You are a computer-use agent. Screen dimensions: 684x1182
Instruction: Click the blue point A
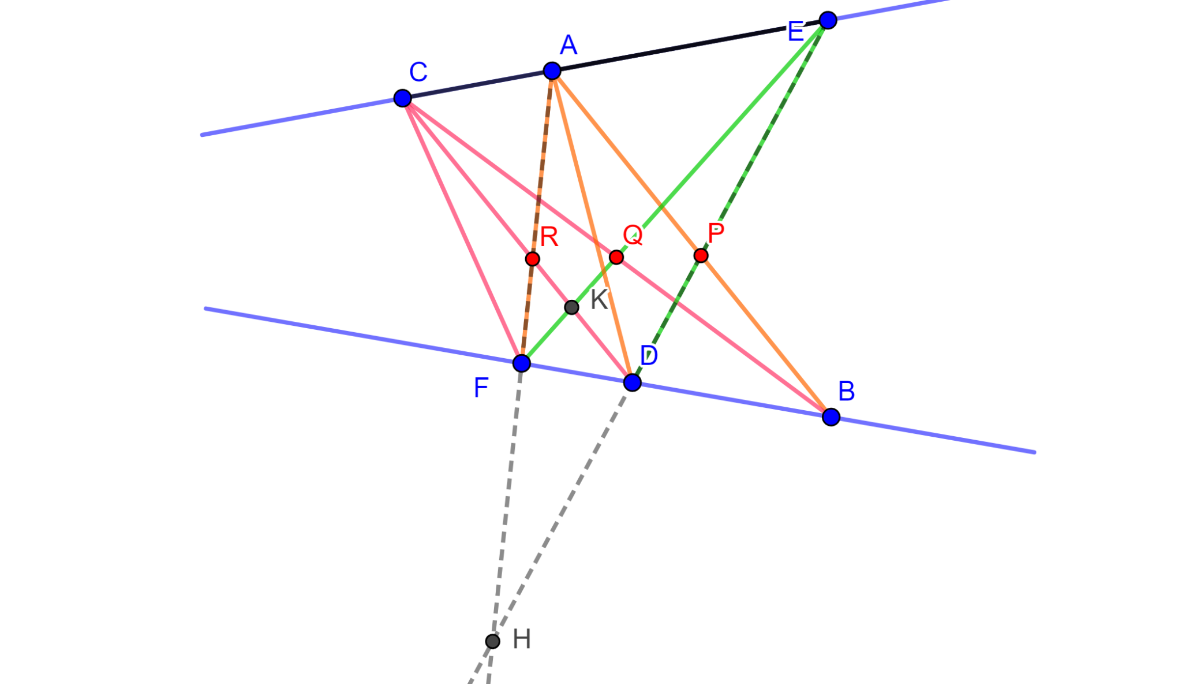(552, 71)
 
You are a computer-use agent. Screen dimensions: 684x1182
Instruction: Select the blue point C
(402, 98)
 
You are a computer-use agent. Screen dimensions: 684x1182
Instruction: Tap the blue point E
(828, 20)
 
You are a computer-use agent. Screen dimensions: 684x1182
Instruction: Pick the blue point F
(521, 363)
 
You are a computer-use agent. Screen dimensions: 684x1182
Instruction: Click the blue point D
(632, 382)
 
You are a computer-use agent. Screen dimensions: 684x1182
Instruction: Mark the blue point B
(831, 417)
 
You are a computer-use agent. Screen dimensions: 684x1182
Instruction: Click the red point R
(532, 259)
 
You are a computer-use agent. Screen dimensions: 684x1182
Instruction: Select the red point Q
(616, 257)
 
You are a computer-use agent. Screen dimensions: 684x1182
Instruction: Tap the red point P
(701, 255)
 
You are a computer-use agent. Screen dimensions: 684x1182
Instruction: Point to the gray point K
(571, 307)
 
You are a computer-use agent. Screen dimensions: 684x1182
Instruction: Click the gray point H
(492, 641)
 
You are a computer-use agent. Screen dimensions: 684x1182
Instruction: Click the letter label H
(522, 640)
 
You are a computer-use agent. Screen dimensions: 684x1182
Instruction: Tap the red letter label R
(549, 237)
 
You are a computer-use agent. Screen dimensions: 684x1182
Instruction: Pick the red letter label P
(716, 234)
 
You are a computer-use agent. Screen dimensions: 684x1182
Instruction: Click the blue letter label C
(418, 73)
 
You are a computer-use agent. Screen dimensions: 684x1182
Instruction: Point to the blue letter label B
(846, 392)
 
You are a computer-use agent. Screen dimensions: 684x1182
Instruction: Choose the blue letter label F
(481, 388)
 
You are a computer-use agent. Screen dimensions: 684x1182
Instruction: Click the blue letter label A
(568, 45)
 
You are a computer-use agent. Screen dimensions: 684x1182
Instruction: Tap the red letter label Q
(633, 235)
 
